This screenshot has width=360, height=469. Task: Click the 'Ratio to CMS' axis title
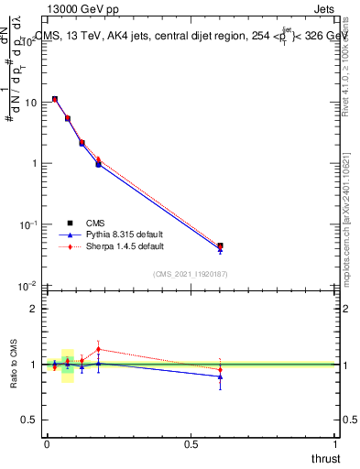click(13, 364)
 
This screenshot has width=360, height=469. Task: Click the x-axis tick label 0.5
click(191, 442)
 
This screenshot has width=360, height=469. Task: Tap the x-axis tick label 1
click(336, 442)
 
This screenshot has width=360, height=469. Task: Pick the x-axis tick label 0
click(47, 442)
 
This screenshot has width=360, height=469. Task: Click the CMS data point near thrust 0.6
click(220, 245)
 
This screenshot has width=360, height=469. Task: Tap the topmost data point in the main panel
click(55, 99)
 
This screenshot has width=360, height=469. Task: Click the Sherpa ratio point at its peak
click(98, 349)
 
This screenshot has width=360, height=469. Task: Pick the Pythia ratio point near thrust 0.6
click(220, 376)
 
